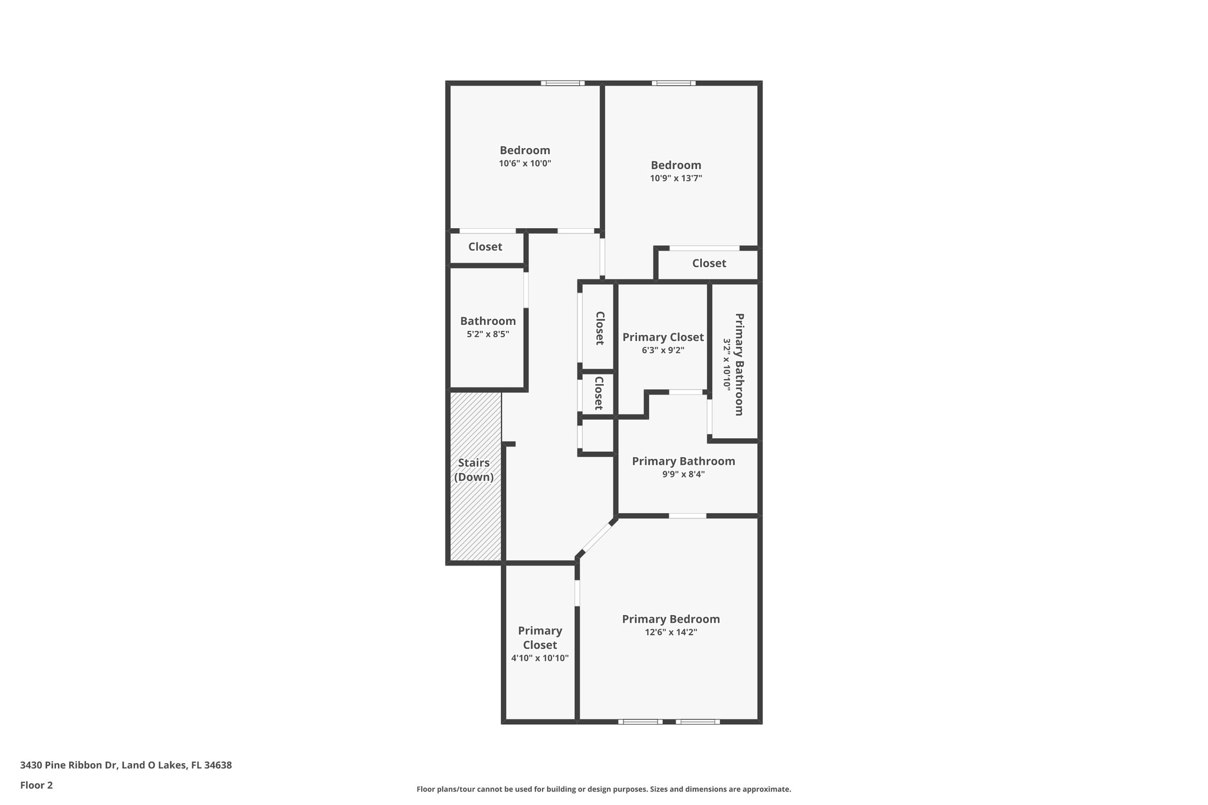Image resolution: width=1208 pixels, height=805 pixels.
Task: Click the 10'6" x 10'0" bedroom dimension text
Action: (525, 163)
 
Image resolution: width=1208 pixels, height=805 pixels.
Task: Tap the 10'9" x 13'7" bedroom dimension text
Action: (676, 178)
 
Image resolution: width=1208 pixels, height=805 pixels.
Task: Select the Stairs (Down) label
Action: (474, 470)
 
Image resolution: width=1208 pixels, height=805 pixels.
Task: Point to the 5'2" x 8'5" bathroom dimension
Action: (488, 334)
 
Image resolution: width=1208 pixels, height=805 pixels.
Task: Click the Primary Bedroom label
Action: (671, 619)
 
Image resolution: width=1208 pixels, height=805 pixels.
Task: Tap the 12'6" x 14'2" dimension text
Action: (671, 632)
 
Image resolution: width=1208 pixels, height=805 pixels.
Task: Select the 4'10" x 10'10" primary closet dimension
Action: (540, 658)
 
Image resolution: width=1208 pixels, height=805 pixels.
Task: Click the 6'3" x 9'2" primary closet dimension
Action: (663, 350)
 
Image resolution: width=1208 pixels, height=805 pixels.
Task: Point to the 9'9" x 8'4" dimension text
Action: (683, 474)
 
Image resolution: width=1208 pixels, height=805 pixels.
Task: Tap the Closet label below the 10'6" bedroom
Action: (485, 247)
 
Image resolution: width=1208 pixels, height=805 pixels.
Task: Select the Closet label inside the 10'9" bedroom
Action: (709, 264)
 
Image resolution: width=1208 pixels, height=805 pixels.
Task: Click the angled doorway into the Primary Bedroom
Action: (597, 536)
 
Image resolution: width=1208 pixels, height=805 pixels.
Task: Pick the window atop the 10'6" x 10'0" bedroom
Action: (562, 83)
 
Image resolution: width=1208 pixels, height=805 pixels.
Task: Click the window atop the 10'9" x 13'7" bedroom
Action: (673, 83)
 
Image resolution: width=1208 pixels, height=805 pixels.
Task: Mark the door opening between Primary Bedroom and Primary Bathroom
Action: (687, 516)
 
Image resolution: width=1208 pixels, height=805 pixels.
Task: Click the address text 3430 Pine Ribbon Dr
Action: (126, 765)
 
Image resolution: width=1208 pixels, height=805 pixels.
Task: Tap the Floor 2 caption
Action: (37, 785)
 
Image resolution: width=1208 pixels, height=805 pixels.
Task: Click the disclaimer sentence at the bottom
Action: (603, 789)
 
